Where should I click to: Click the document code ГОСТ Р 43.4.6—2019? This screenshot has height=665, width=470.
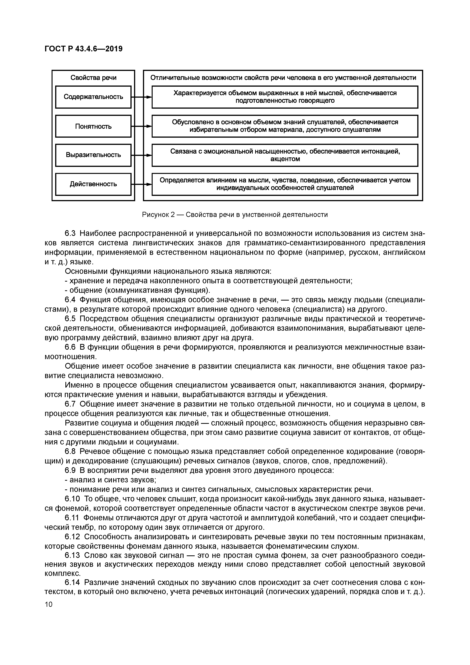pos(84,49)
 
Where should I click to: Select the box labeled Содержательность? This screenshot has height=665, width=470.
pos(93,97)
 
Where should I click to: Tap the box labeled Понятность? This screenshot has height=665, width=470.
pos(93,126)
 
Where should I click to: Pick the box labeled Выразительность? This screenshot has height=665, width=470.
pos(93,155)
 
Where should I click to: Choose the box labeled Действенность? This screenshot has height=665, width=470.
pos(93,184)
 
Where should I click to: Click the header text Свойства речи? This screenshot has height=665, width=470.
pos(93,78)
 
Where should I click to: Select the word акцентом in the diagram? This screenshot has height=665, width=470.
pos(285,159)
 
